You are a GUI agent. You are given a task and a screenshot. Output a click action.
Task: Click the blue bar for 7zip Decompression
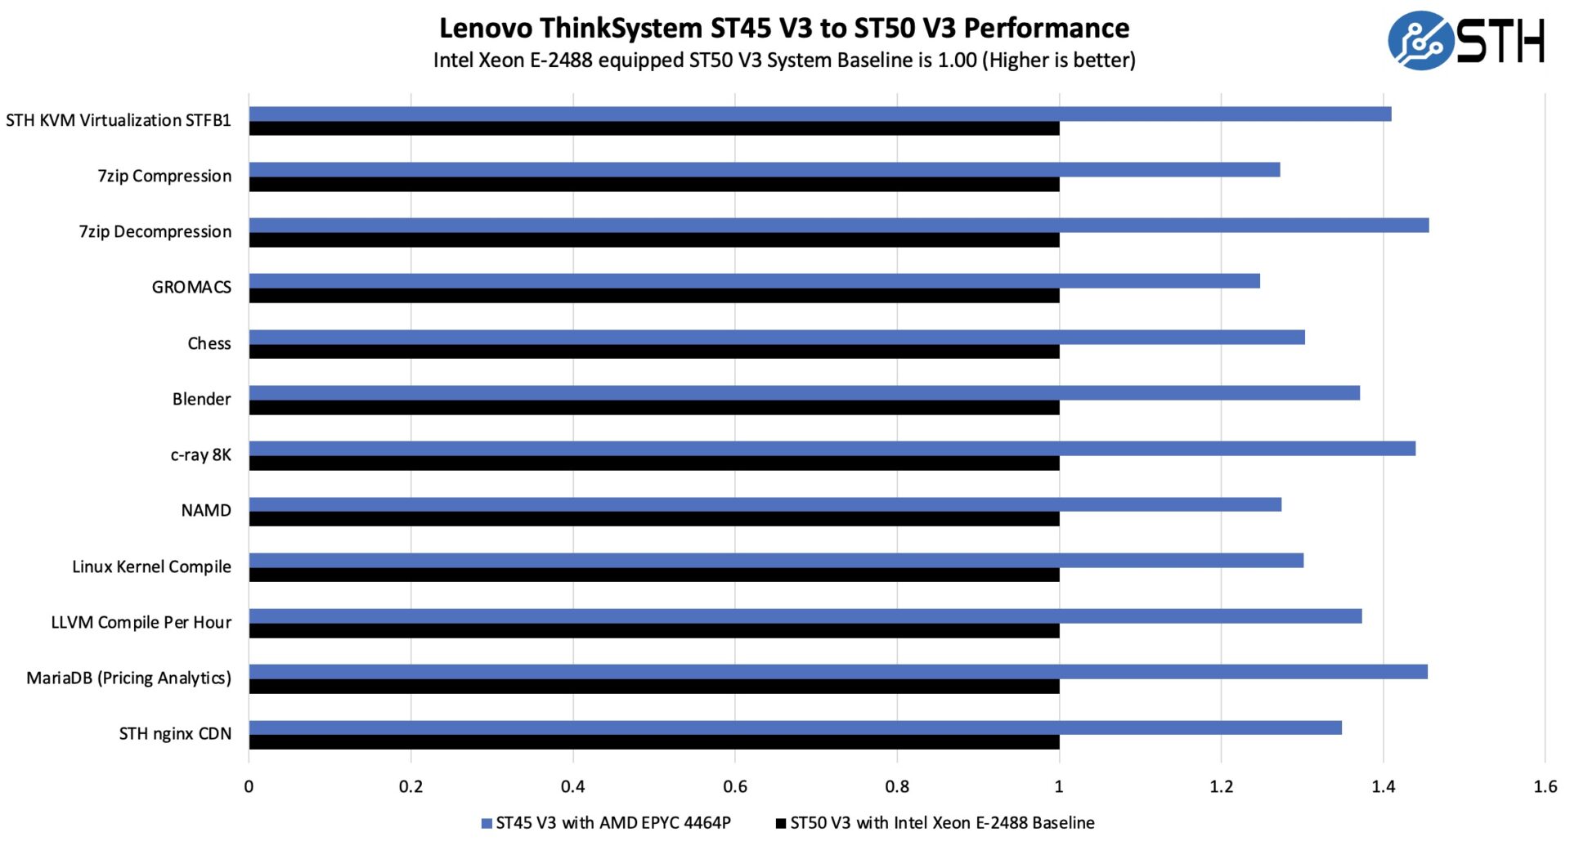(838, 226)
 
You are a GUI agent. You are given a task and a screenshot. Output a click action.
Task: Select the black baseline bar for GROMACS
(654, 296)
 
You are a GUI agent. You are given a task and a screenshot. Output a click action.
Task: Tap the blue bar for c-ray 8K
(832, 449)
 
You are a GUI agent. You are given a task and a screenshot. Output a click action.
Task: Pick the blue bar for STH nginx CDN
(795, 727)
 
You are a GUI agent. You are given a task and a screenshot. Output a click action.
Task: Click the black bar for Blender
(654, 407)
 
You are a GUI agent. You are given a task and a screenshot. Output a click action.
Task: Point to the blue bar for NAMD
(765, 504)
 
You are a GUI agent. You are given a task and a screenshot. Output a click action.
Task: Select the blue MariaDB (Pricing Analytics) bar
(838, 672)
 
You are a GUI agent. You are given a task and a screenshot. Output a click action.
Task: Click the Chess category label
(209, 343)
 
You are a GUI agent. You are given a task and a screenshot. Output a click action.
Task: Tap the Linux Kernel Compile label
(151, 566)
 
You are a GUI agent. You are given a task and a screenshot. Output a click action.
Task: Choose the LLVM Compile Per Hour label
(141, 622)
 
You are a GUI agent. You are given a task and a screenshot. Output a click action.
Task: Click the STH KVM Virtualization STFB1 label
(118, 120)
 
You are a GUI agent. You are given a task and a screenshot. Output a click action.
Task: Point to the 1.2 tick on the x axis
(1221, 786)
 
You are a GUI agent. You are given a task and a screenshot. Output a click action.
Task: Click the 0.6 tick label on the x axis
(734, 786)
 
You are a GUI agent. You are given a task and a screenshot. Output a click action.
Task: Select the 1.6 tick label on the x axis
(1545, 786)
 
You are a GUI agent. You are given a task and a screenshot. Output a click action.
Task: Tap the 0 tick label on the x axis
(249, 786)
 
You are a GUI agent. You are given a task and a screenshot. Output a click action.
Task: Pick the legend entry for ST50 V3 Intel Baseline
(935, 823)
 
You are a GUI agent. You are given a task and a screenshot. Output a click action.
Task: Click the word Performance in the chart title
(1047, 28)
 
